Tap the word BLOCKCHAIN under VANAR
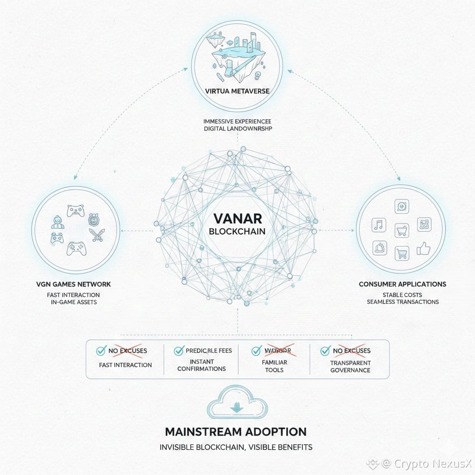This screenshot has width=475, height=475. tap(237, 231)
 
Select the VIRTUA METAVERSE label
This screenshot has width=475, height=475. tap(237, 91)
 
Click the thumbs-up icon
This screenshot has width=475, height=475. tap(424, 250)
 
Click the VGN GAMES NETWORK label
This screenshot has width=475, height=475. tap(73, 284)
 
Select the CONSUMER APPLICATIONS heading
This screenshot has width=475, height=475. tap(402, 284)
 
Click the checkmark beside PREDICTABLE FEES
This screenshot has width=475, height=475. tap(179, 351)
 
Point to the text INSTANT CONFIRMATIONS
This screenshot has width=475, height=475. tap(201, 365)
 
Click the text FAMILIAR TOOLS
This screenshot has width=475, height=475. tap(274, 366)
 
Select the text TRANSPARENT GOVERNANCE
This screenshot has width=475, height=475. tap(350, 366)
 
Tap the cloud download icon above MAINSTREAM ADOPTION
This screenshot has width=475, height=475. tap(237, 406)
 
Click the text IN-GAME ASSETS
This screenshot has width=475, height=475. tap(73, 302)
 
